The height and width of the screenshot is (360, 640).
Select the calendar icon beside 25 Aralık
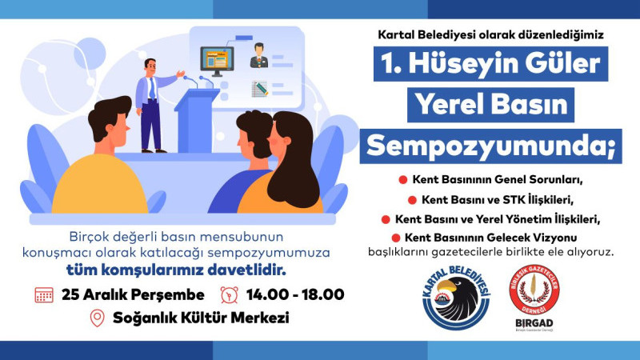pos(44,294)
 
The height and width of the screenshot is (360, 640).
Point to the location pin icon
pos(97,318)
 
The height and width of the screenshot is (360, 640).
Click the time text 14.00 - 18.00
pos(295,294)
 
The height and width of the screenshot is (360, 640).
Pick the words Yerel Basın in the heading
pos(490,105)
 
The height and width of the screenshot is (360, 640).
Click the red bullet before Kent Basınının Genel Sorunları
pos(403,178)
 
